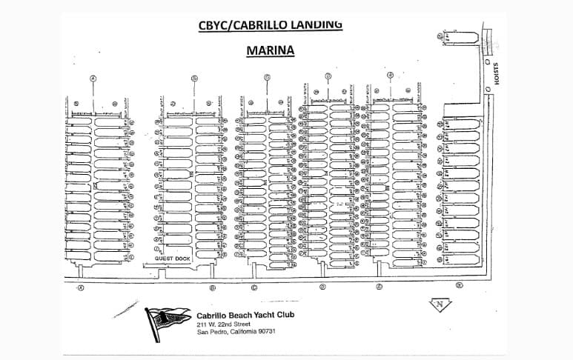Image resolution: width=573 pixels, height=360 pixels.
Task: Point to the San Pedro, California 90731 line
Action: [242, 332]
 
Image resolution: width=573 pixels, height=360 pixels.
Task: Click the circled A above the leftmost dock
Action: [93, 78]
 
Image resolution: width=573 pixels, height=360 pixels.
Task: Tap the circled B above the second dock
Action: [194, 78]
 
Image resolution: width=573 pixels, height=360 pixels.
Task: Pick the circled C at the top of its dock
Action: [267, 77]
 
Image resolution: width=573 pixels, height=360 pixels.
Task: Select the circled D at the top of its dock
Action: [328, 76]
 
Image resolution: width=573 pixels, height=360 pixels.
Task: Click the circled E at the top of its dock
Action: [390, 75]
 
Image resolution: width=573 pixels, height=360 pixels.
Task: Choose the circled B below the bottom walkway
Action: [212, 287]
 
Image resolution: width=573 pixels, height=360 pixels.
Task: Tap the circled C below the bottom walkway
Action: [254, 287]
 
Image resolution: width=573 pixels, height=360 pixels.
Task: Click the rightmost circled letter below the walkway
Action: [460, 285]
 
